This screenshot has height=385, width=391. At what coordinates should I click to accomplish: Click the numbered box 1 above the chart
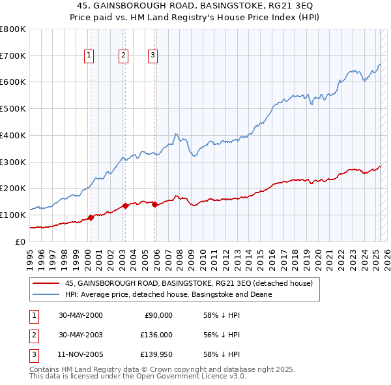coord(89,55)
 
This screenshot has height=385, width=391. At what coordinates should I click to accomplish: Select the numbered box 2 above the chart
coord(123,55)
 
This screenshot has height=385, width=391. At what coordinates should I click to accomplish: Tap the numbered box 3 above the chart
coord(152,55)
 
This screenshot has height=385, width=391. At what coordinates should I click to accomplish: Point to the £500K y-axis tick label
coord(13,109)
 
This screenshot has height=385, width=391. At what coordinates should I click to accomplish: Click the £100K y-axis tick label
coord(13,215)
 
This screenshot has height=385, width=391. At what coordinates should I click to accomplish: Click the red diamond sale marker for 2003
coord(125,206)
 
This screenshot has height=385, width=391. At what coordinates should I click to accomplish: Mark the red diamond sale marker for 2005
coord(154,204)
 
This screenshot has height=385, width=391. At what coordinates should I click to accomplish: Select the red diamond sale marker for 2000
coord(91,218)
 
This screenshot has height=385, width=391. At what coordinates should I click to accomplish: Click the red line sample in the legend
coord(46,283)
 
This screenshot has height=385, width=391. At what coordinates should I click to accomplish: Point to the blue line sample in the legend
coord(46,294)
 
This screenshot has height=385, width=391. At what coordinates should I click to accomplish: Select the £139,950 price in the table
coord(156,354)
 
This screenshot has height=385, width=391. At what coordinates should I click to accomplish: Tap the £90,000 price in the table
coord(158,315)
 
